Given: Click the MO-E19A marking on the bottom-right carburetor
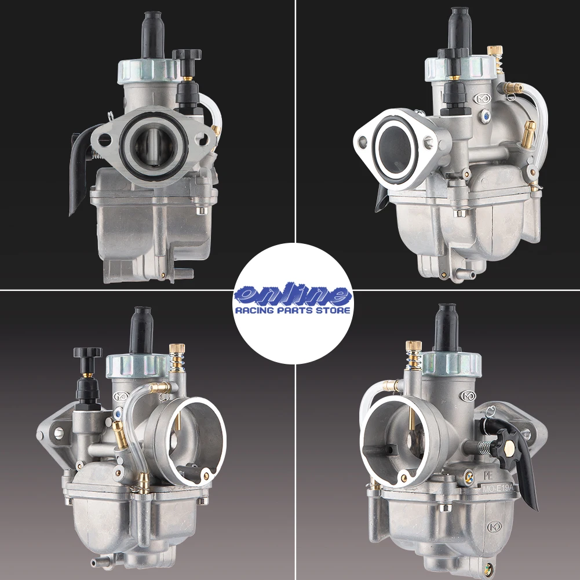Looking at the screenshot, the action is (x=498, y=488).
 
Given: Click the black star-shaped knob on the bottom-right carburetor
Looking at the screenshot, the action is (x=507, y=447).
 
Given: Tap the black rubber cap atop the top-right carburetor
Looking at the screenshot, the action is (x=460, y=28).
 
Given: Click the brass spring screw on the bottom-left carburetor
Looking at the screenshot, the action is (x=177, y=359).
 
